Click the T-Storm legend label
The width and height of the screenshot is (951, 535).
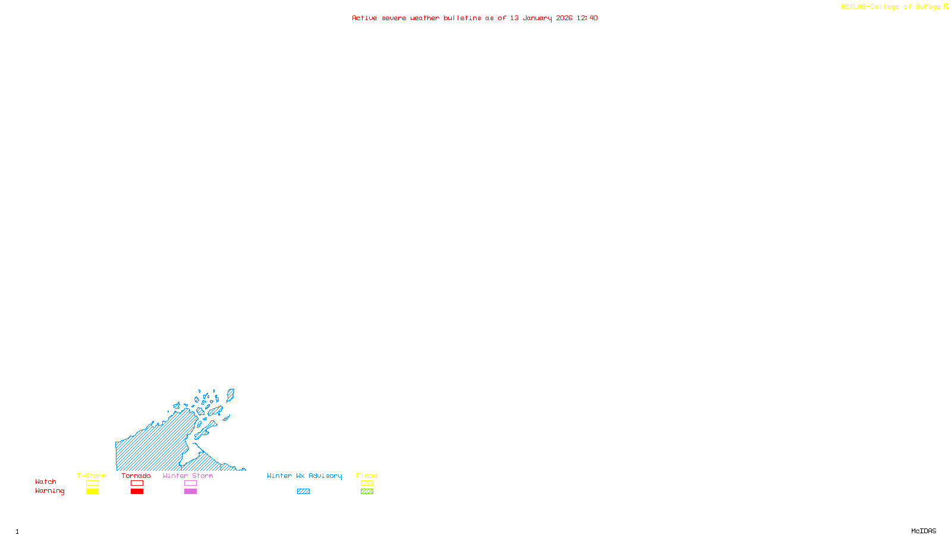click(x=92, y=476)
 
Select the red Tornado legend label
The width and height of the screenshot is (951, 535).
click(x=136, y=476)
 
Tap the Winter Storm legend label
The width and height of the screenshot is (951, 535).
click(x=188, y=476)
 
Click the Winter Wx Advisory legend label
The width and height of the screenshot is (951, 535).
click(x=304, y=476)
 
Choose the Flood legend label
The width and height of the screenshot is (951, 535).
click(x=367, y=476)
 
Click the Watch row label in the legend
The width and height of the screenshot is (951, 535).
click(x=46, y=481)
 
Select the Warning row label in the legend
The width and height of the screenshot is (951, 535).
click(x=49, y=491)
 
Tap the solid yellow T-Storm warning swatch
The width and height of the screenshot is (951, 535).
click(x=92, y=492)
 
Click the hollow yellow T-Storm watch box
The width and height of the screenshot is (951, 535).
click(x=92, y=483)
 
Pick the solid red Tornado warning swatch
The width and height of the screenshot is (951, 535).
click(x=137, y=492)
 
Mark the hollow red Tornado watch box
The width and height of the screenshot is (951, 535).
click(x=137, y=483)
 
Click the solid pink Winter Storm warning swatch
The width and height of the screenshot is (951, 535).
click(x=190, y=492)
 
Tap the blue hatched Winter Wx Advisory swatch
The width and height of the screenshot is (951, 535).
click(x=303, y=492)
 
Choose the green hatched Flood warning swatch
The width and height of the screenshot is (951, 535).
click(x=367, y=492)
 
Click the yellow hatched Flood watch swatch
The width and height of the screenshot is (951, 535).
click(x=367, y=483)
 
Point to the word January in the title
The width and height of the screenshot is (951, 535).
click(x=537, y=18)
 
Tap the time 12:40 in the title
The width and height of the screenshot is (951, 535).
click(x=587, y=18)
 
